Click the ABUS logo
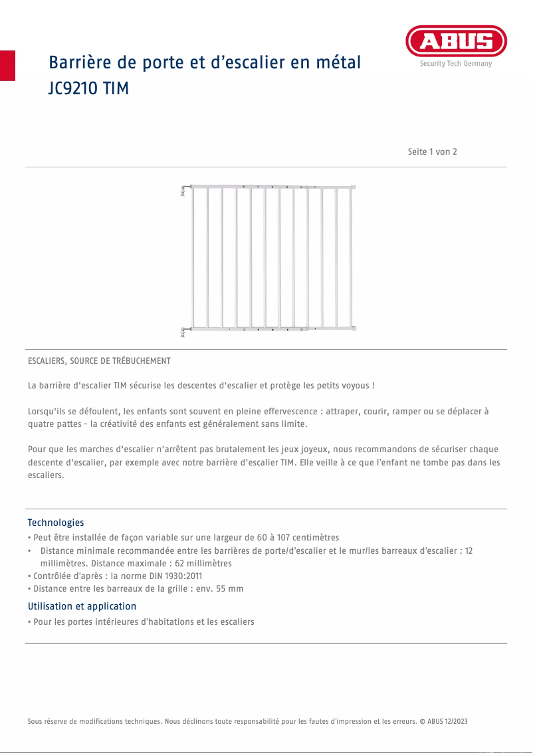point(456,42)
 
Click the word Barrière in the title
point(78,63)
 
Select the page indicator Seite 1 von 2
point(432,151)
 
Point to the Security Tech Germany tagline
point(456,64)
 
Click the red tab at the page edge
point(7,65)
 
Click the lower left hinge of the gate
point(184,331)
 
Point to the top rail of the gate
point(272,187)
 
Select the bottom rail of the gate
point(272,328)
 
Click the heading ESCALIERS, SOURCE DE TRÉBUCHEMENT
point(99,361)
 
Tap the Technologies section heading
point(55,523)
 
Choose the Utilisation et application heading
point(82,606)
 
